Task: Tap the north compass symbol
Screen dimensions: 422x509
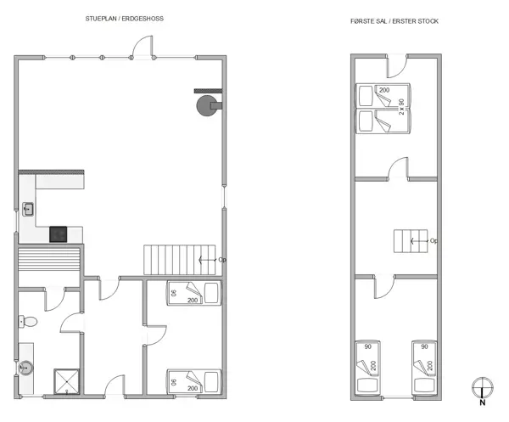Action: [482, 388]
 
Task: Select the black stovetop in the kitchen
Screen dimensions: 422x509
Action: [59, 234]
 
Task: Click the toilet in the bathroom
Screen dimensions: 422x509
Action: [29, 323]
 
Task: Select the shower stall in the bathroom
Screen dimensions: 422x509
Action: [65, 381]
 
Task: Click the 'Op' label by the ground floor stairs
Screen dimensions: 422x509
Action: [222, 260]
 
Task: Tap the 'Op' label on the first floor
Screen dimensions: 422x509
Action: [434, 241]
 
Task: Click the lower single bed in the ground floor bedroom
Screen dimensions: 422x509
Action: [193, 381]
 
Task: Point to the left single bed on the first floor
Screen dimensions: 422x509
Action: [367, 367]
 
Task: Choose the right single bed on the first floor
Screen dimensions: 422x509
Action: [425, 367]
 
